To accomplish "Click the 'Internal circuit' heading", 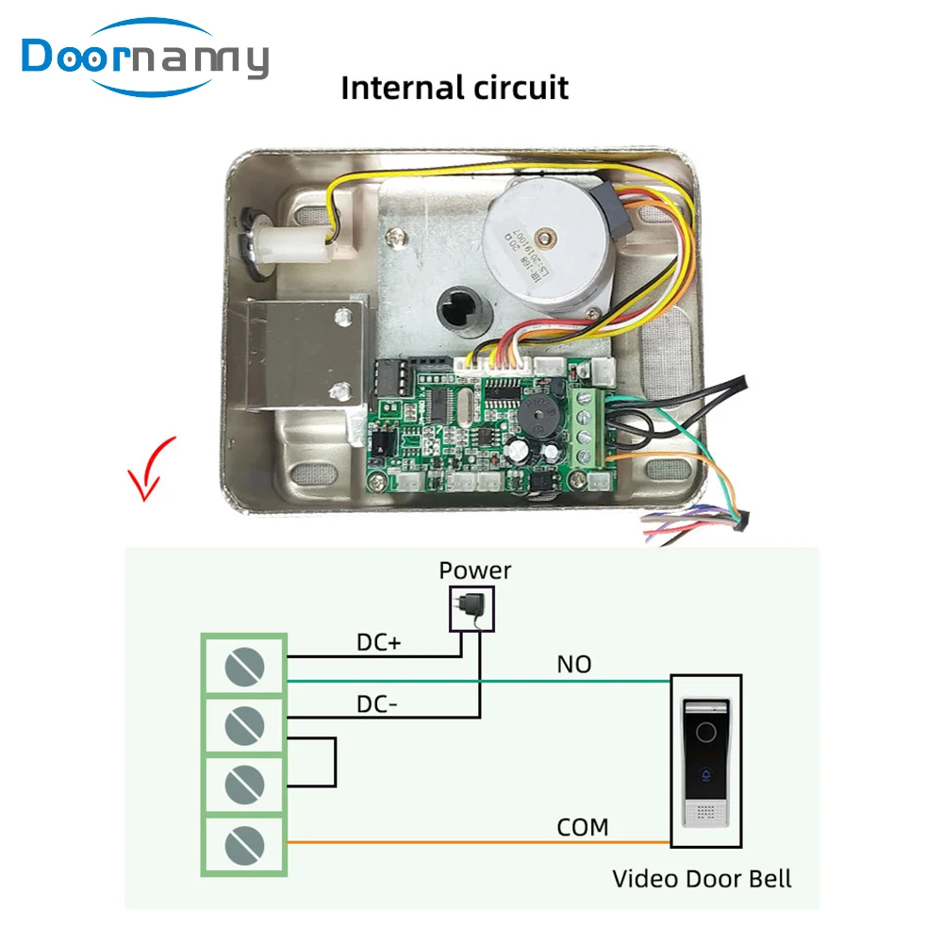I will (455, 88).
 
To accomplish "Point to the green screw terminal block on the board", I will (591, 424).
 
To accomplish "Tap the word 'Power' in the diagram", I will (475, 571).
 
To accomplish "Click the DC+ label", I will (378, 642).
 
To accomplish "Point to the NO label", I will (573, 664).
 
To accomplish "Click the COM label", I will (582, 827).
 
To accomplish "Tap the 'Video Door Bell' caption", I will (702, 879).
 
